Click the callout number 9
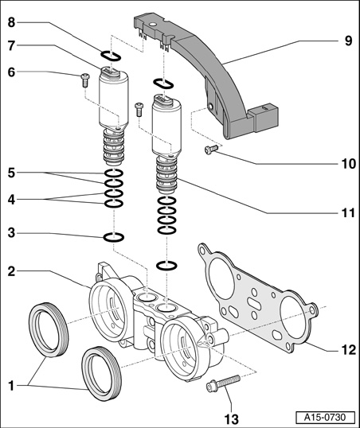pos(348,41)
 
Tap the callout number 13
pos(232,418)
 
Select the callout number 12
pos(349,350)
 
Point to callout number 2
pos(11,271)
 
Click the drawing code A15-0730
pos(325,418)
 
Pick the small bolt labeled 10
pos(211,150)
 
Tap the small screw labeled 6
pos(85,80)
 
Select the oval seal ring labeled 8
pos(111,56)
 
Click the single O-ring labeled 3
pos(113,237)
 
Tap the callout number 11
pos(349,213)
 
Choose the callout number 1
pos(11,387)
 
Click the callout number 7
pos(11,45)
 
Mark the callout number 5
pos(11,173)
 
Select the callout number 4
pos(11,200)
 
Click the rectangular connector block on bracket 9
pos(267,117)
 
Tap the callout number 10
pos(349,164)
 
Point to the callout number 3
pos(11,233)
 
